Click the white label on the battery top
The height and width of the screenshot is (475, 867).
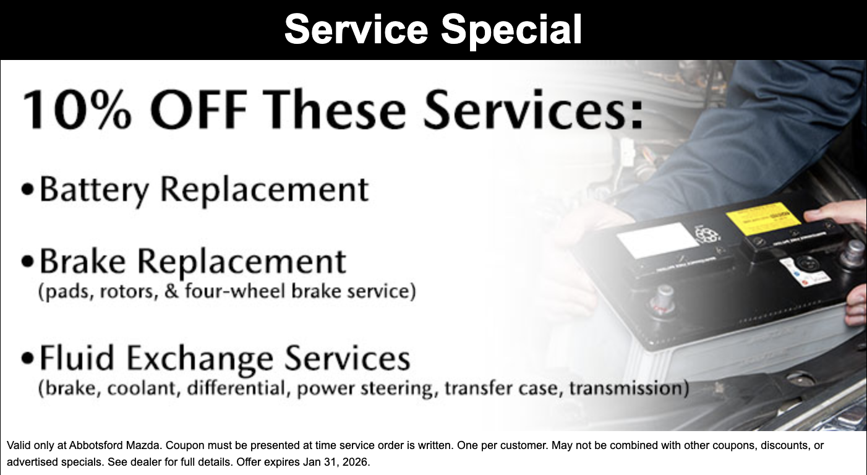(x=657, y=239)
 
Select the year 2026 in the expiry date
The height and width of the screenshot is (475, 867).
(x=354, y=462)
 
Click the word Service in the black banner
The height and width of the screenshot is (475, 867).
(x=356, y=29)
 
